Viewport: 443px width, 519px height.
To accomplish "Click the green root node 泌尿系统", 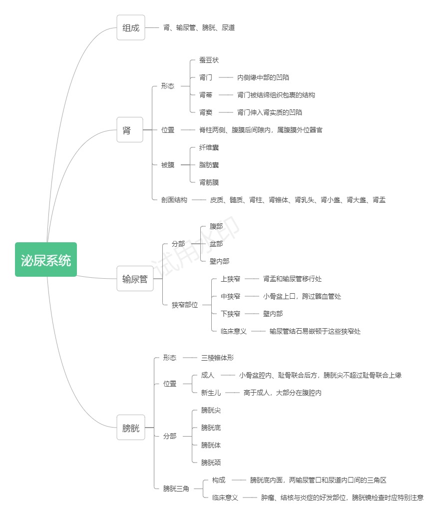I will pyautogui.click(x=46, y=260).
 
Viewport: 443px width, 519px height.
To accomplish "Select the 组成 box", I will pyautogui.click(x=131, y=28).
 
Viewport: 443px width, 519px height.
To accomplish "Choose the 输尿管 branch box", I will pyautogui.click(x=135, y=279).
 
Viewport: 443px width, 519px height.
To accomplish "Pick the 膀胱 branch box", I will pyautogui.click(x=131, y=428).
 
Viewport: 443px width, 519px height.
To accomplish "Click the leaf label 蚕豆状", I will pyautogui.click(x=209, y=60).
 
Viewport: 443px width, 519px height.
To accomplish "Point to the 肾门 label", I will pyautogui.click(x=206, y=78).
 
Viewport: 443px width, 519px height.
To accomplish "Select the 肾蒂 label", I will pyautogui.click(x=206, y=95).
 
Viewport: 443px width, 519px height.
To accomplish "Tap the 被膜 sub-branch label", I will pyautogui.click(x=168, y=165).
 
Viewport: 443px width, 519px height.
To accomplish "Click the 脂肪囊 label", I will pyautogui.click(x=209, y=165).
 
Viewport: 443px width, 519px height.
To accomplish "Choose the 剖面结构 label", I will pyautogui.click(x=174, y=200).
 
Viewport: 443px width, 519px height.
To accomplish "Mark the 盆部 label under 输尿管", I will pyautogui.click(x=216, y=244).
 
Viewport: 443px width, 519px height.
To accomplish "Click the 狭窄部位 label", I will pyautogui.click(x=185, y=305).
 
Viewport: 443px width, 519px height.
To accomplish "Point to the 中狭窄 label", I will pyautogui.click(x=230, y=296).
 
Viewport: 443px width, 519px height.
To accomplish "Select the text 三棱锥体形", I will pyautogui.click(x=217, y=358).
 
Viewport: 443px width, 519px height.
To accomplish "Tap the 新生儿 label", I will pyautogui.click(x=211, y=393).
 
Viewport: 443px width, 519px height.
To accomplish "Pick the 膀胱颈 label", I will pyautogui.click(x=211, y=463).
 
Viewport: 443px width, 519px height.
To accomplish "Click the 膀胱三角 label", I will pyautogui.click(x=176, y=489).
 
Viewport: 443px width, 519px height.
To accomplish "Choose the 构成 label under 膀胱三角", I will pyautogui.click(x=219, y=480).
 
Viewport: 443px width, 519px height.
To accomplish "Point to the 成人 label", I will pyautogui.click(x=208, y=375).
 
